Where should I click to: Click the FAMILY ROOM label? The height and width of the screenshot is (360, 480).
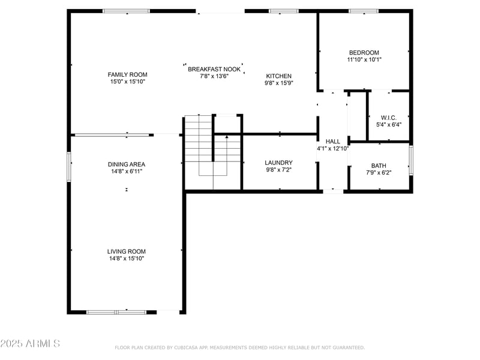[x=127, y=74]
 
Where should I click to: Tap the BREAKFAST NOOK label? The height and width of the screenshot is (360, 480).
[x=214, y=69]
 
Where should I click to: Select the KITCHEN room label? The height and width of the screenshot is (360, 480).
[x=279, y=76]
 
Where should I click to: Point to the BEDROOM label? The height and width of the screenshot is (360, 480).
[x=364, y=53]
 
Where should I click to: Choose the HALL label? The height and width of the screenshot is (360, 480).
[x=332, y=142]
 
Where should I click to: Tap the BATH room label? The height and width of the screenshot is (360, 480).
[x=379, y=166]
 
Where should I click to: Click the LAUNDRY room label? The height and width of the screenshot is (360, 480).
[x=278, y=163]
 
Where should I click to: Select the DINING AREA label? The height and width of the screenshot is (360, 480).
[x=127, y=164]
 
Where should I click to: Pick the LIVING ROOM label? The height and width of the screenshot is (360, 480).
[x=127, y=251]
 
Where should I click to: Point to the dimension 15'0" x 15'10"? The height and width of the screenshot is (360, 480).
[x=127, y=82]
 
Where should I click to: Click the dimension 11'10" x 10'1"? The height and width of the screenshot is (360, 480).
[x=364, y=60]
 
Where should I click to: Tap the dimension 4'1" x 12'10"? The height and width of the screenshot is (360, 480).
[x=332, y=148]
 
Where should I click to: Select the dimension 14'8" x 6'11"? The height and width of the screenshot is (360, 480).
[x=127, y=172]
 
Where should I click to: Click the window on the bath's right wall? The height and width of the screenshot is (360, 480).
[x=411, y=161]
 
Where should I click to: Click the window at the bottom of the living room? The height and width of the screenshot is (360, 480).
[x=116, y=312]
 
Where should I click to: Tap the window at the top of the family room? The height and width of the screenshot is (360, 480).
[x=127, y=11]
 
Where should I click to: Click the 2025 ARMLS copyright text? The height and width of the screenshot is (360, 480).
[x=30, y=344]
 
